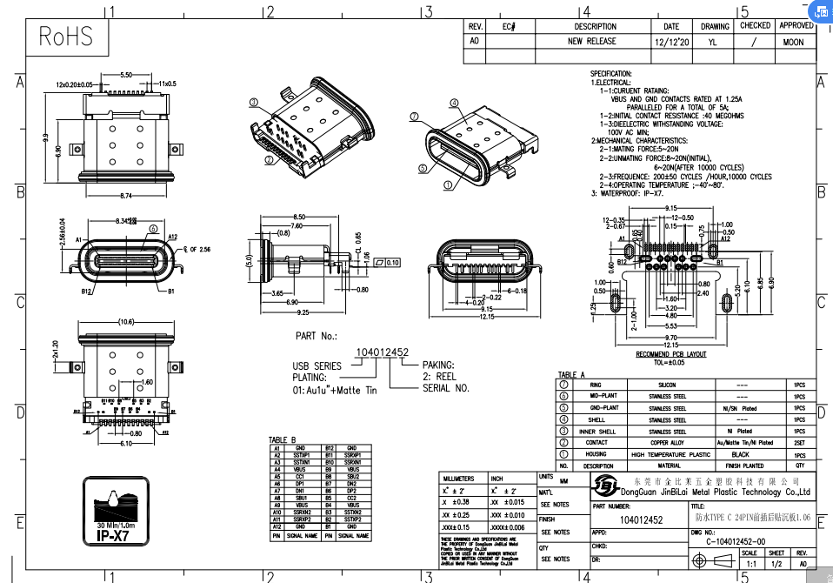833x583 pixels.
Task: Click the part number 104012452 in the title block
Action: coord(641,520)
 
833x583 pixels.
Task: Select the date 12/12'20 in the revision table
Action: coord(671,41)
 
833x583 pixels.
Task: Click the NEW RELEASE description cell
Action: coord(591,41)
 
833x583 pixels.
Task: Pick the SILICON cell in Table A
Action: coord(666,385)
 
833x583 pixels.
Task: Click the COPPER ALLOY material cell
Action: coord(666,443)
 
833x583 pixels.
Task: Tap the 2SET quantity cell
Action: coord(798,443)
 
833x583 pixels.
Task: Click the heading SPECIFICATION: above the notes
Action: coord(611,74)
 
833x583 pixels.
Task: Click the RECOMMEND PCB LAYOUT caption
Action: coord(670,354)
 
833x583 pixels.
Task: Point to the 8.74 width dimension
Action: coord(126,194)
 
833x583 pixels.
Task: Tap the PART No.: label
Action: coord(317,335)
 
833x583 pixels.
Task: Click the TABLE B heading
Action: coord(283,439)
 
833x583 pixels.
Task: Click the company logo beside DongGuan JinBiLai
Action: coord(609,486)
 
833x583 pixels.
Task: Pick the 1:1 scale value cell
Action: coord(749,563)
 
